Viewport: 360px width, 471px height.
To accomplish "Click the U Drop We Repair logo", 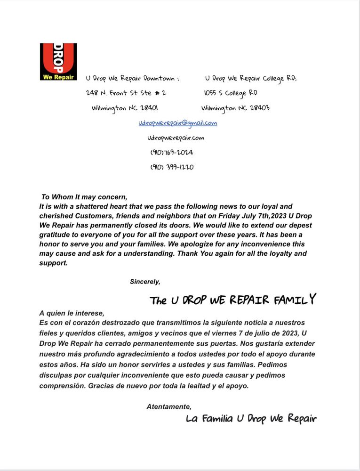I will point(58,62).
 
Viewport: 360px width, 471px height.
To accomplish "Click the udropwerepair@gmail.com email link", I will point(177,123).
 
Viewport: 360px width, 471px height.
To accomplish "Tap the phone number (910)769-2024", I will point(172,153).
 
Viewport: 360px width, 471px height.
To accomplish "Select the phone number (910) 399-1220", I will point(172,167).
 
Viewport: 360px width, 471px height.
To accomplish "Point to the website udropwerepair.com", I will point(176,138).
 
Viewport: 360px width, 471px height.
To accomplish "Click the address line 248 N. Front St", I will point(126,93).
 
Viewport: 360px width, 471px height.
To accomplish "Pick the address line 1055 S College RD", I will point(230,93).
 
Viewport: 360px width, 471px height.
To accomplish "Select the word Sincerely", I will point(145,282).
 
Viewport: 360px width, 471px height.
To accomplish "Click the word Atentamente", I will point(169,406).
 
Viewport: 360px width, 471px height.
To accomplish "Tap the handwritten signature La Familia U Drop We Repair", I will point(251,418).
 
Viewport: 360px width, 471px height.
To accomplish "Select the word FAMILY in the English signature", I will point(295,300).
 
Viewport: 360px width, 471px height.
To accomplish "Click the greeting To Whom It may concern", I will point(84,197).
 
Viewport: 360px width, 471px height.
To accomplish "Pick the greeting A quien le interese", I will point(72,313).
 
